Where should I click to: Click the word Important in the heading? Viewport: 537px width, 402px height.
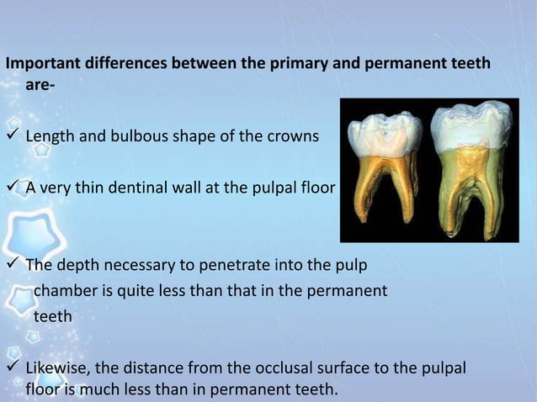click(x=40, y=65)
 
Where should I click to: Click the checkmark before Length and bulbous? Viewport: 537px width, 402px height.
click(x=13, y=136)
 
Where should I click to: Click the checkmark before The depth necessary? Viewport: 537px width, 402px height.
click(x=13, y=267)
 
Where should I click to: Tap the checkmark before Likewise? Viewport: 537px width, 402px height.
click(x=13, y=369)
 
